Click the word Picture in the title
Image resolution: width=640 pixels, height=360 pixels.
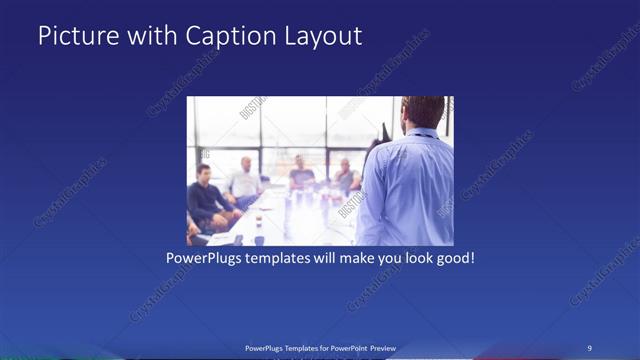click(x=77, y=36)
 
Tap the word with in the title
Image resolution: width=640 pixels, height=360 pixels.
click(x=151, y=36)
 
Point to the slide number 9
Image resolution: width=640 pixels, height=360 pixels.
click(x=590, y=348)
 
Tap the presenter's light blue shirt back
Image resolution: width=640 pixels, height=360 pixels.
click(x=410, y=185)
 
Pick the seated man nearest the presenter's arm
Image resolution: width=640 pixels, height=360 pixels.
click(x=345, y=178)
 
